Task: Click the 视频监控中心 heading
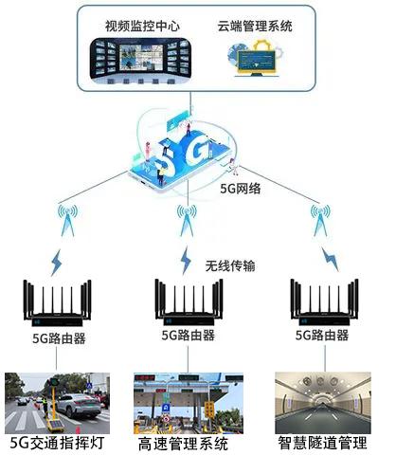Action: (x=142, y=26)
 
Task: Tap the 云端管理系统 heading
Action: (x=255, y=26)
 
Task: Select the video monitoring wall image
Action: (x=140, y=62)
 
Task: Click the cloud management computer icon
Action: (x=256, y=59)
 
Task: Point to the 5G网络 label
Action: (x=241, y=189)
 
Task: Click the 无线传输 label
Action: (x=230, y=265)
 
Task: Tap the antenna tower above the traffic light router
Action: (x=67, y=220)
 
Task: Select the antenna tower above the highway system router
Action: (x=187, y=220)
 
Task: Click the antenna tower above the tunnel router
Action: (x=320, y=220)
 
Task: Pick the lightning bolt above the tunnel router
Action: (x=330, y=259)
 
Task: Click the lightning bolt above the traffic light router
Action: (x=57, y=263)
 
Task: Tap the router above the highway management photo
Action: (x=189, y=302)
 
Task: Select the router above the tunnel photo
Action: (x=324, y=302)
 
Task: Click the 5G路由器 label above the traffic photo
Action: (x=59, y=338)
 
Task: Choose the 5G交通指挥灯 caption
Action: (x=57, y=443)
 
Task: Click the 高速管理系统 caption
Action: (x=183, y=444)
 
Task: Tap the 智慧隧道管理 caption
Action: (x=323, y=443)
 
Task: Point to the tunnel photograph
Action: (x=323, y=403)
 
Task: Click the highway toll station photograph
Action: (x=189, y=404)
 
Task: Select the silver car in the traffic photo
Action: (x=80, y=406)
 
